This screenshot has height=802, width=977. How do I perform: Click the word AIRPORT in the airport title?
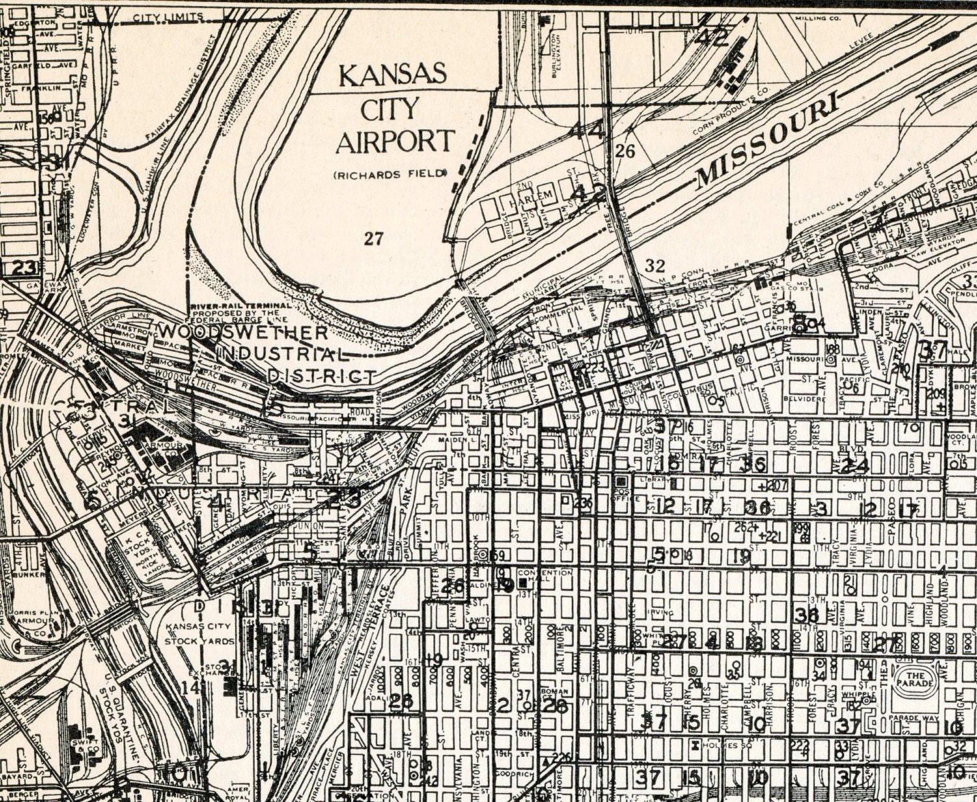coord(394,141)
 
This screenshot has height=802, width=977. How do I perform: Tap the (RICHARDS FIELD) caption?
coord(390,174)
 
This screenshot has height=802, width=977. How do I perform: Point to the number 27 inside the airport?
coord(373,238)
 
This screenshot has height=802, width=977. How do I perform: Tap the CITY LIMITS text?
coord(168,17)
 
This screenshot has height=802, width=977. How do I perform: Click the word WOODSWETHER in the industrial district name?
coord(242,332)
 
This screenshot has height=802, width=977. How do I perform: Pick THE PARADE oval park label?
coord(916,680)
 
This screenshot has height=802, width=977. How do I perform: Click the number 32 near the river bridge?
coord(655,265)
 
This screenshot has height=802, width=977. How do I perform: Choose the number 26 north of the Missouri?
coord(625,151)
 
